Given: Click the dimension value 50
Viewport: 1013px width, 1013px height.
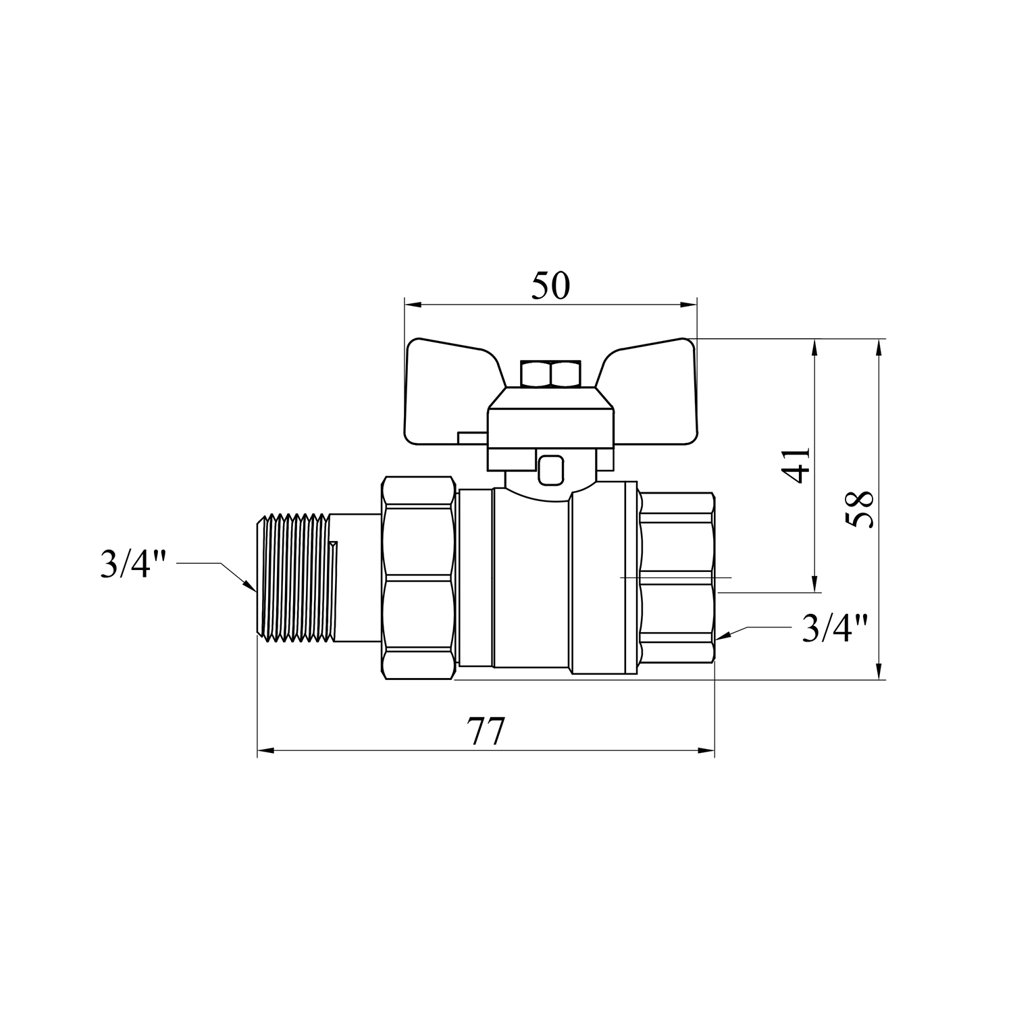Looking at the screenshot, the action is pos(550,286).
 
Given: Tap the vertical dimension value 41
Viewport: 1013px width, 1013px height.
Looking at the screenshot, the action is pos(799,465).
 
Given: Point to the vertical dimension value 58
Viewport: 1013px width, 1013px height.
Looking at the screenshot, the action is pos(860,509).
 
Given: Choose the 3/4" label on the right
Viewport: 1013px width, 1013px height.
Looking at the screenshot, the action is pos(834,627).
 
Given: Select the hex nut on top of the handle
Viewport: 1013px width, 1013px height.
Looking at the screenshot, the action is pos(550,374).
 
